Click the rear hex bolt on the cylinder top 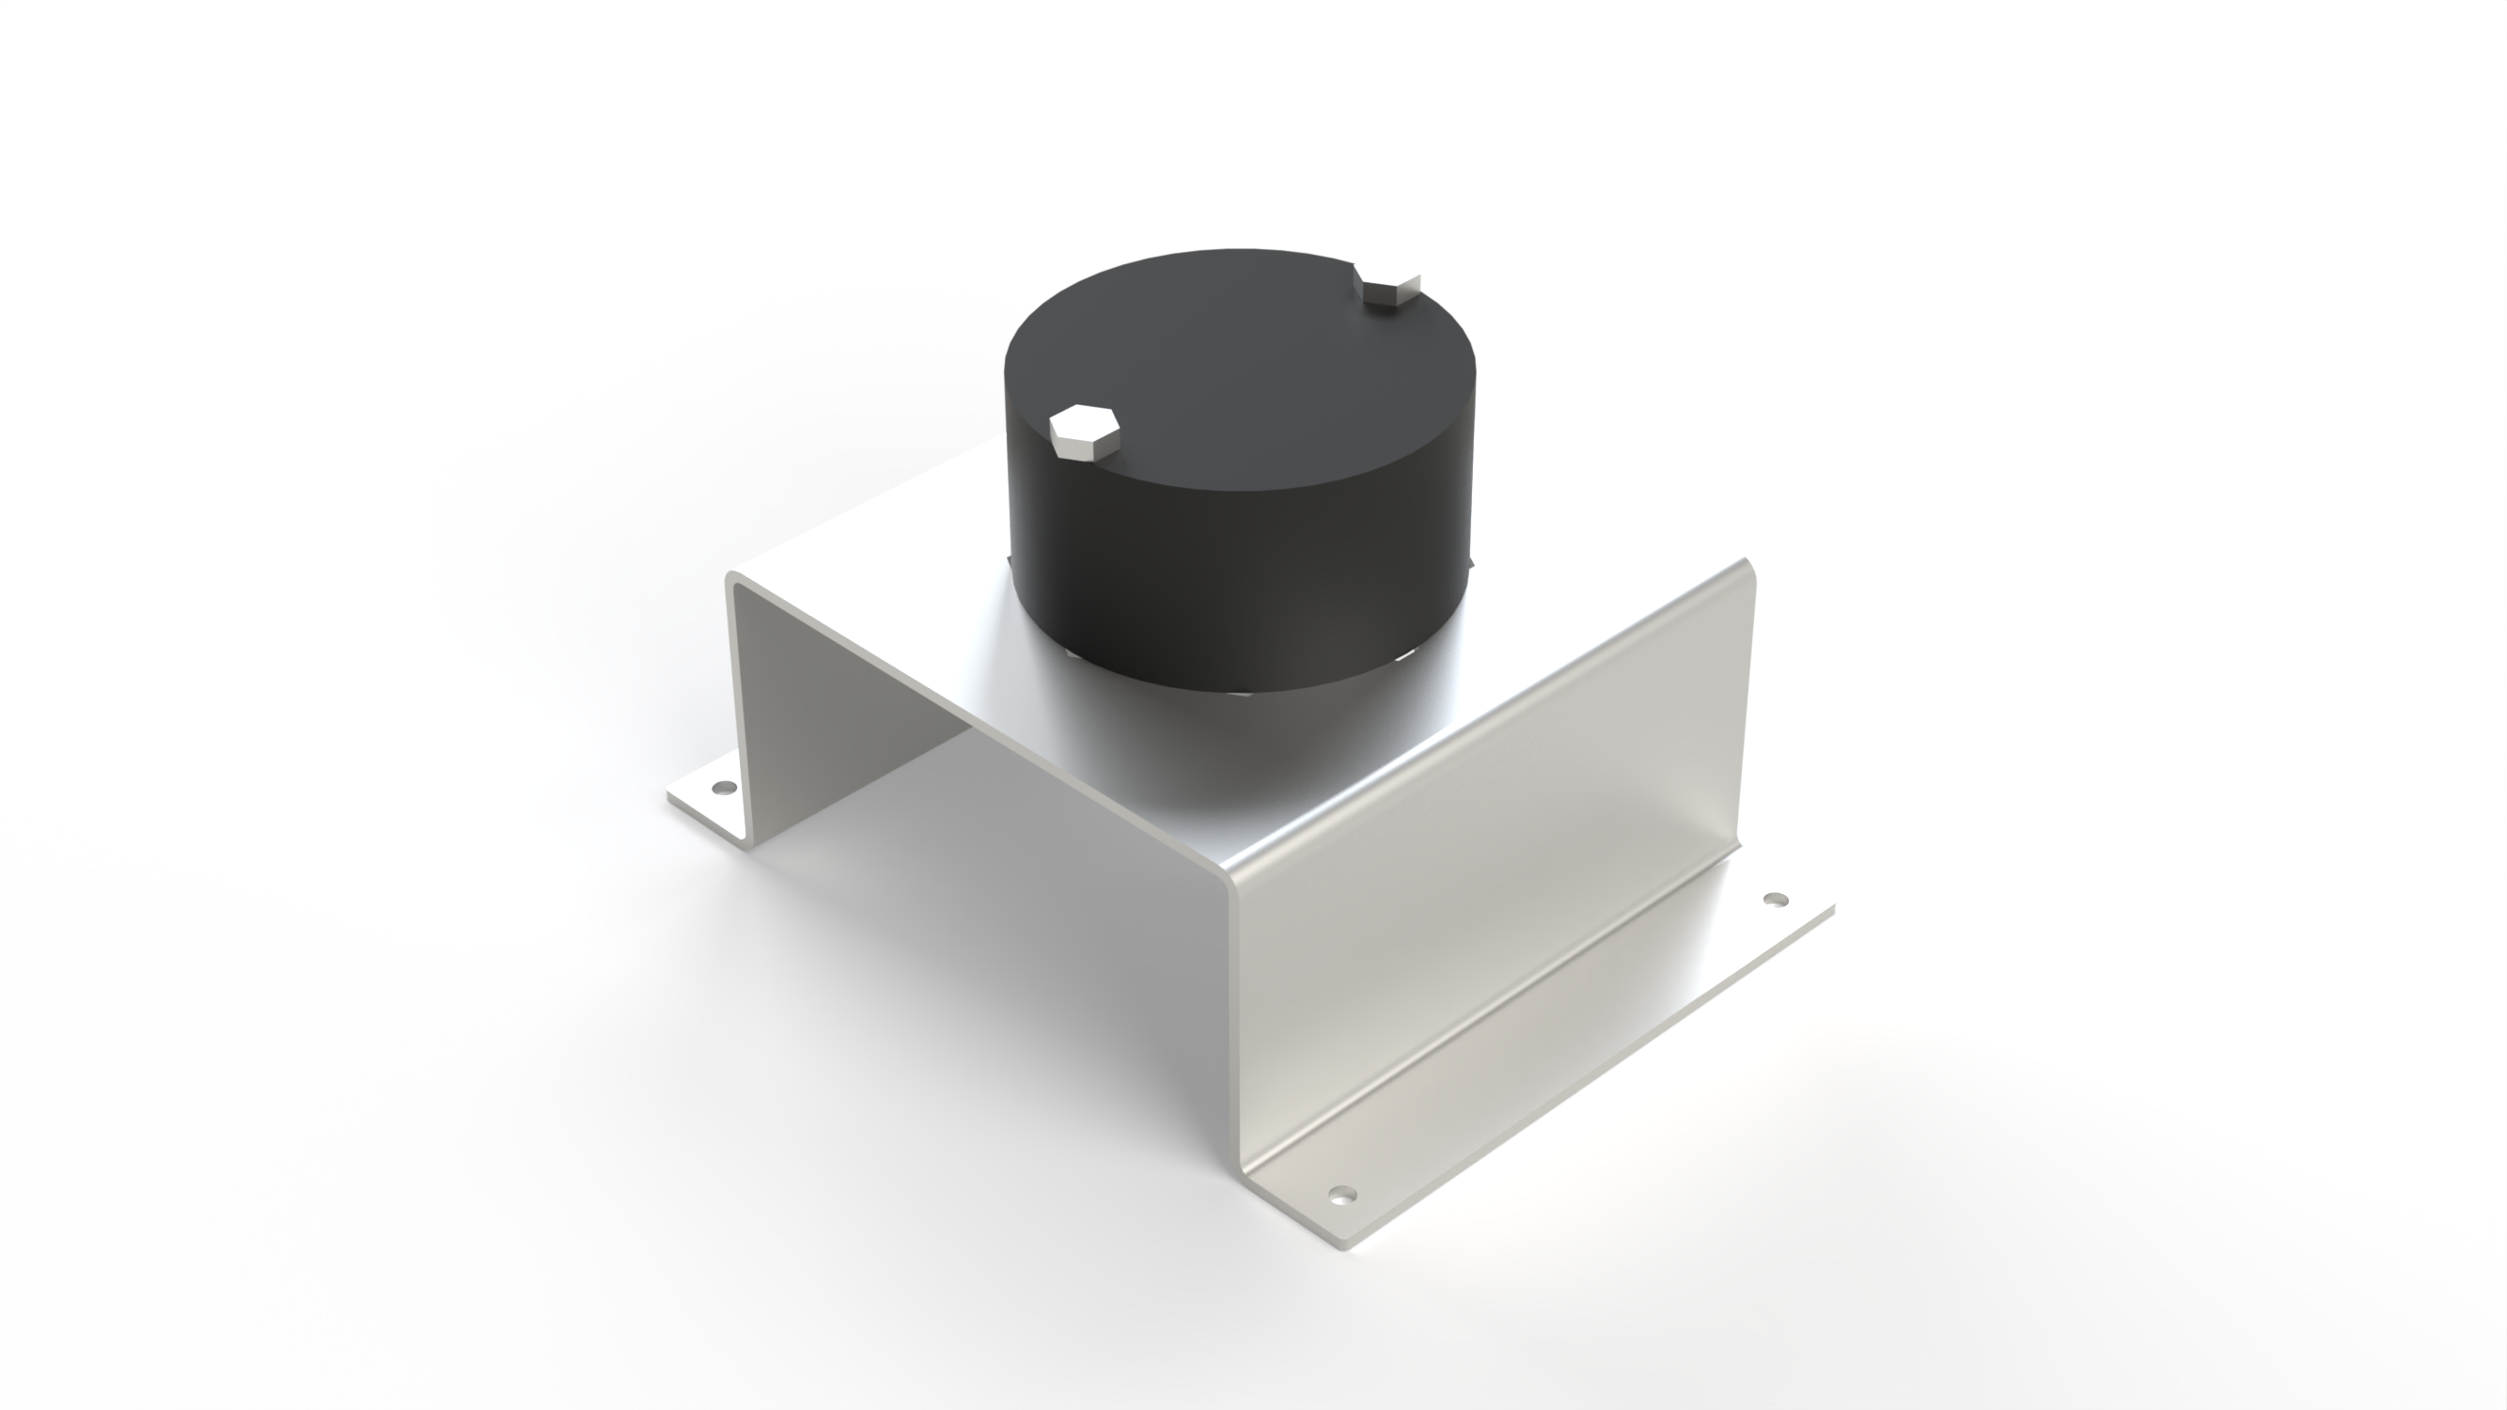point(1387,290)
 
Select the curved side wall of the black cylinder point(1236,574)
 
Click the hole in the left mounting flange point(723,786)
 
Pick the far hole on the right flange point(1776,900)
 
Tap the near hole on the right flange point(1342,1194)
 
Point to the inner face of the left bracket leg point(837,720)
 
